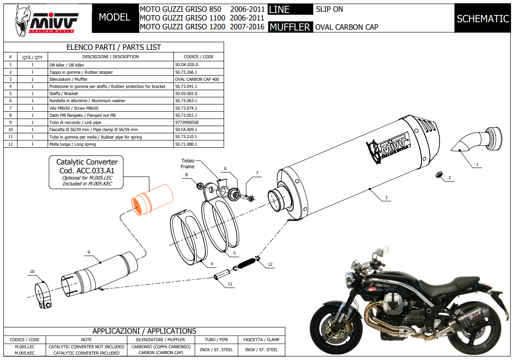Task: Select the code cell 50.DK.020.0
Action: click(187, 65)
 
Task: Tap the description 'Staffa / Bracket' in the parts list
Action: click(64, 93)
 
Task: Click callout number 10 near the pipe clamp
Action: click(32, 272)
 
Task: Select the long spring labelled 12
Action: click(248, 263)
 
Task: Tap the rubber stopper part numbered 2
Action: click(438, 174)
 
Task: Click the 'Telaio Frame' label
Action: click(187, 164)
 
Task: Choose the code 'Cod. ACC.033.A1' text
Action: click(87, 171)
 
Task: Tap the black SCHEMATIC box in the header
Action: click(483, 18)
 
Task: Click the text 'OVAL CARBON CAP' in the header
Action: click(347, 27)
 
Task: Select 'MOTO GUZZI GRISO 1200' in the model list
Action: click(182, 27)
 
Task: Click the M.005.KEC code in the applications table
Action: click(25, 353)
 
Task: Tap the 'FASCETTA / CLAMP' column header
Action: click(261, 339)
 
